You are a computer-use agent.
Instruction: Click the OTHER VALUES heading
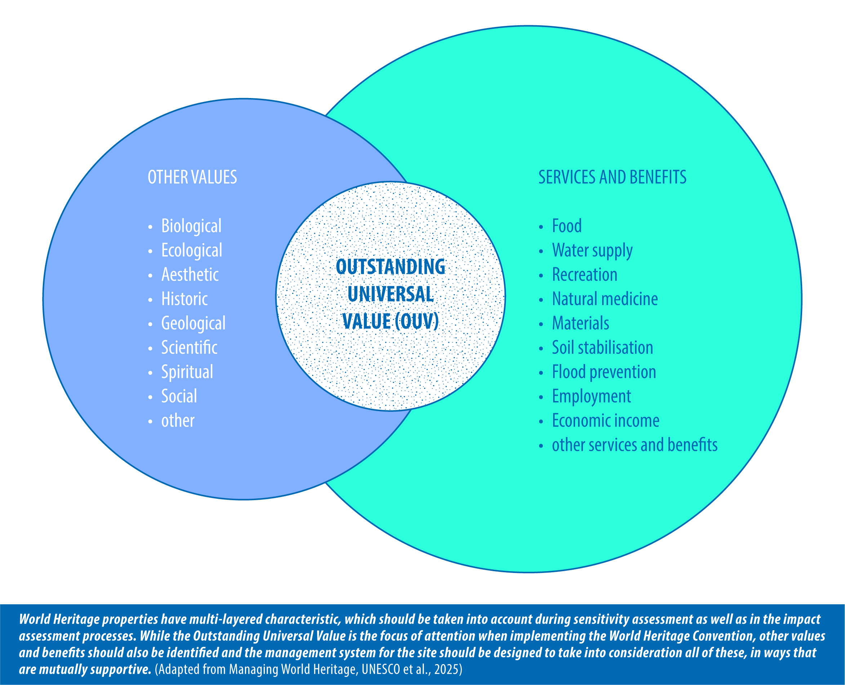point(192,177)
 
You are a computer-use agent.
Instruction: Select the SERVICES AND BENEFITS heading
point(612,177)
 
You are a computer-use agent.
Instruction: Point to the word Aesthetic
point(190,275)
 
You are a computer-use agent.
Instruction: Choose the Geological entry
point(193,324)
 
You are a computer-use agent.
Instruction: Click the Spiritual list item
point(187,372)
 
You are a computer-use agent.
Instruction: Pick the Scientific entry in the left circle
point(189,348)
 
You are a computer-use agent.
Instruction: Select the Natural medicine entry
point(605,299)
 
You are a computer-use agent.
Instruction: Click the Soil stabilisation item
point(602,348)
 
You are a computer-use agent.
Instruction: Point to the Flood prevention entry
point(604,372)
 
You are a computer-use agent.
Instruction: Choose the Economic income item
point(605,421)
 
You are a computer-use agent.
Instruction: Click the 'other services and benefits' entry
point(635,445)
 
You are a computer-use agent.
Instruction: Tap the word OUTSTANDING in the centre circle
point(391,267)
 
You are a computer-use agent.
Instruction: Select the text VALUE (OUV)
point(391,321)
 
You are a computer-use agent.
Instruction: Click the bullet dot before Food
point(541,227)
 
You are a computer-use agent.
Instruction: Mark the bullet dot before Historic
point(150,300)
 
